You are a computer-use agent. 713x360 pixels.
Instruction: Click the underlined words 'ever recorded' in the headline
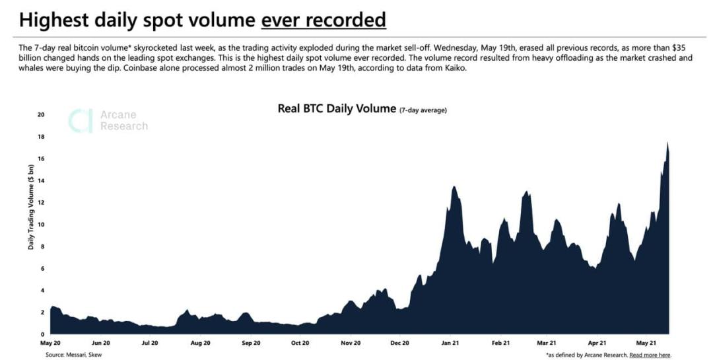(x=323, y=20)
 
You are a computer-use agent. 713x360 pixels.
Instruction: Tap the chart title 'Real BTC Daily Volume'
(x=337, y=108)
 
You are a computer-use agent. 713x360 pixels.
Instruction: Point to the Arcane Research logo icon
(x=81, y=121)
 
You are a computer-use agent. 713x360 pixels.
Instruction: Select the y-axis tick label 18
(x=40, y=137)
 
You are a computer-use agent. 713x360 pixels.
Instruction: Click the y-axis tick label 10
(x=40, y=225)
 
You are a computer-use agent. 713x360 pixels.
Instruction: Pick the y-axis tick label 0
(x=42, y=334)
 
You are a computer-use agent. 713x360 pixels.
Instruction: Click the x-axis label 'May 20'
(x=51, y=343)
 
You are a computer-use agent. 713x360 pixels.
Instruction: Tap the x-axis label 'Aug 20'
(x=200, y=343)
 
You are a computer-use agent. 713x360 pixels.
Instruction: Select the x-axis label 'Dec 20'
(x=400, y=343)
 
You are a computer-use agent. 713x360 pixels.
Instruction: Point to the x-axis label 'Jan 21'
(x=451, y=343)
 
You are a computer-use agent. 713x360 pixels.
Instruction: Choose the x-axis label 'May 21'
(x=645, y=343)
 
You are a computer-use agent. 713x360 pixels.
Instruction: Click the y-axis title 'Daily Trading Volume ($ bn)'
(x=31, y=205)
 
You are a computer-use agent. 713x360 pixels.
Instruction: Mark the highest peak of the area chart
(x=667, y=143)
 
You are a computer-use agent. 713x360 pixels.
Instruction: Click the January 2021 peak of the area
(x=454, y=187)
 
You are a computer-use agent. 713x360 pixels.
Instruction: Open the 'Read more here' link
(x=650, y=355)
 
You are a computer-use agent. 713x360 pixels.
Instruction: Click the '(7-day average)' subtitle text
(x=423, y=110)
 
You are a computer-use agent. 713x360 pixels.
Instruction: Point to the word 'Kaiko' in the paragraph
(x=456, y=68)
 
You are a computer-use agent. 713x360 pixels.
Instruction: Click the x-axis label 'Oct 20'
(x=300, y=343)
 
